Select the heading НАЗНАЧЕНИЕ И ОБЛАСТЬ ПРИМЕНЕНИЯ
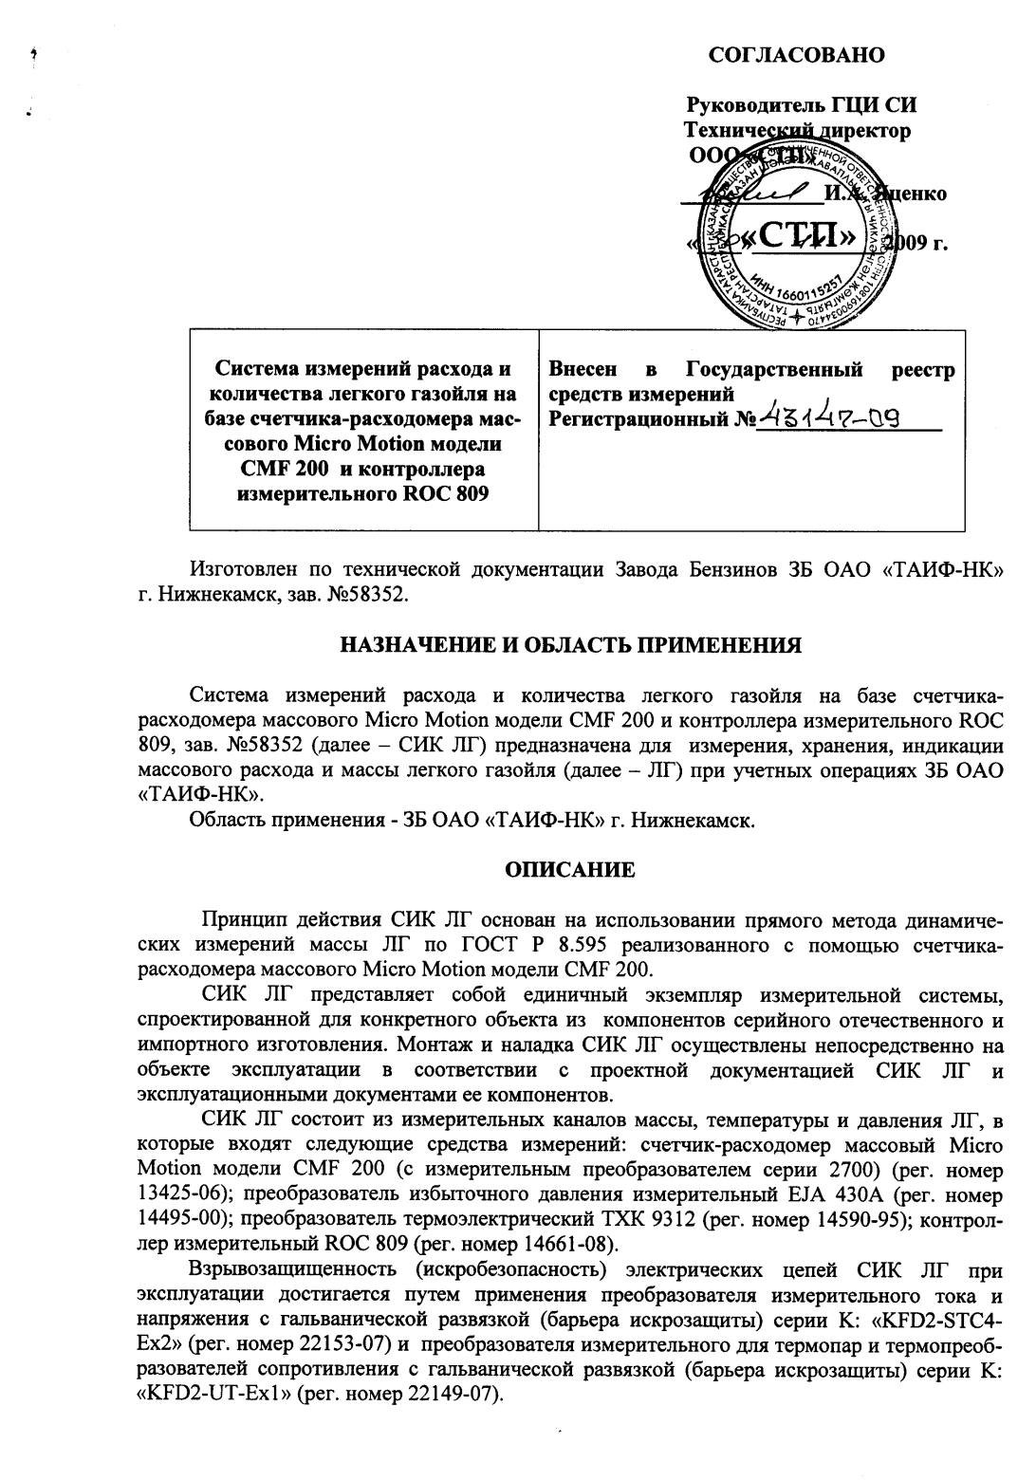pos(571,646)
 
